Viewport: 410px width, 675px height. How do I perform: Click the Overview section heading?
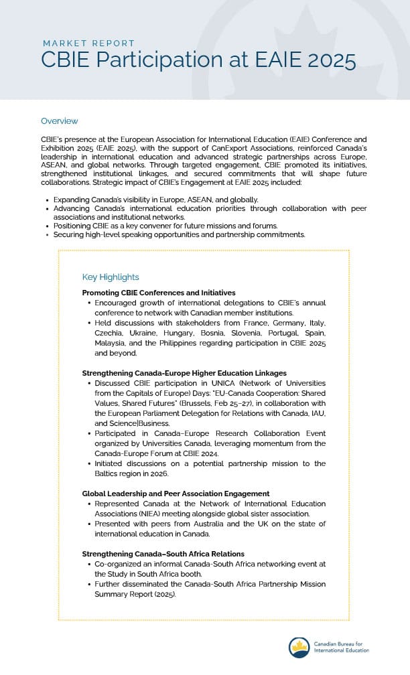tap(59, 121)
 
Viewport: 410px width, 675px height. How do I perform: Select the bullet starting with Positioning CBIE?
tap(165, 226)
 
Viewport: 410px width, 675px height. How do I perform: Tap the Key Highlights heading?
tap(110, 277)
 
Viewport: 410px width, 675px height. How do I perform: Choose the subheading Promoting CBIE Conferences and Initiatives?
tap(158, 293)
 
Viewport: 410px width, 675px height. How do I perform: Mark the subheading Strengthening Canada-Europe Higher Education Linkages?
tap(184, 372)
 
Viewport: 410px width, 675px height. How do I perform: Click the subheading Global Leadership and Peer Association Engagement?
tap(176, 493)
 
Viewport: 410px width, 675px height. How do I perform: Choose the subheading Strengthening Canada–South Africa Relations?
tap(163, 554)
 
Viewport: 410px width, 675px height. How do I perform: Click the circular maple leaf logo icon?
tap(299, 647)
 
